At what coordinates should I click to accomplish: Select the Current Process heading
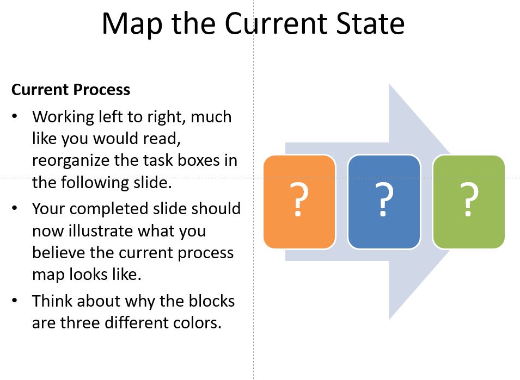[x=71, y=90]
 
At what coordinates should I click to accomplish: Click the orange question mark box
[x=299, y=202]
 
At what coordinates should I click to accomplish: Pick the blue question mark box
[x=384, y=202]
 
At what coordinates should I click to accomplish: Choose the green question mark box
[x=469, y=202]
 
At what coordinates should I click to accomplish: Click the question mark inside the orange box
[x=298, y=200]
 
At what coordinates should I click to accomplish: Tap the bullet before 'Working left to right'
[x=15, y=117]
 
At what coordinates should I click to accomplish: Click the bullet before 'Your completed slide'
[x=15, y=209]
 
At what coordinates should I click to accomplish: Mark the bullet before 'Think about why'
[x=15, y=301]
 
